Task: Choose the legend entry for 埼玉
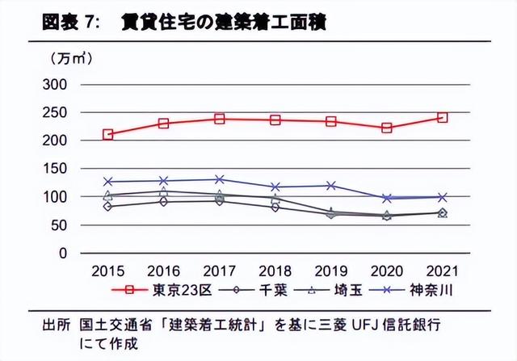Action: pos(328,288)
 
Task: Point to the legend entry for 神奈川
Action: pos(412,288)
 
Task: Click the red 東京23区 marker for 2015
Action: pos(108,134)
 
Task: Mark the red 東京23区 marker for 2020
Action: pos(386,128)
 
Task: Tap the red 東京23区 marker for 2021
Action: pos(442,117)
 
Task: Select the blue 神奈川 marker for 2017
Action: pos(219,179)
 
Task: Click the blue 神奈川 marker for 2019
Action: pos(330,186)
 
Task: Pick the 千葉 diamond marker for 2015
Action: pos(108,206)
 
